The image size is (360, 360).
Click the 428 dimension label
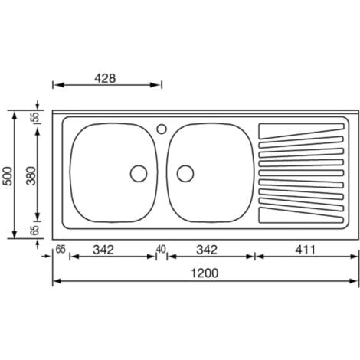click(105, 78)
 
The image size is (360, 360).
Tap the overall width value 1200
click(205, 273)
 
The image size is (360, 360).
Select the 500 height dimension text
click(8, 176)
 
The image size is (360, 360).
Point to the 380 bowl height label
click(31, 175)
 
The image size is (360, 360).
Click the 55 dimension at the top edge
click(35, 117)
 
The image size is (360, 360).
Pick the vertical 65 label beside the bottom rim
click(35, 230)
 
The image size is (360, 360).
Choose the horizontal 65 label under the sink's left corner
click(61, 249)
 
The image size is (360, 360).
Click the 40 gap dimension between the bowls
click(161, 249)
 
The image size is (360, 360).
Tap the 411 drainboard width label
click(306, 250)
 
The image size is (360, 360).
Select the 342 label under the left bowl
click(103, 250)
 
